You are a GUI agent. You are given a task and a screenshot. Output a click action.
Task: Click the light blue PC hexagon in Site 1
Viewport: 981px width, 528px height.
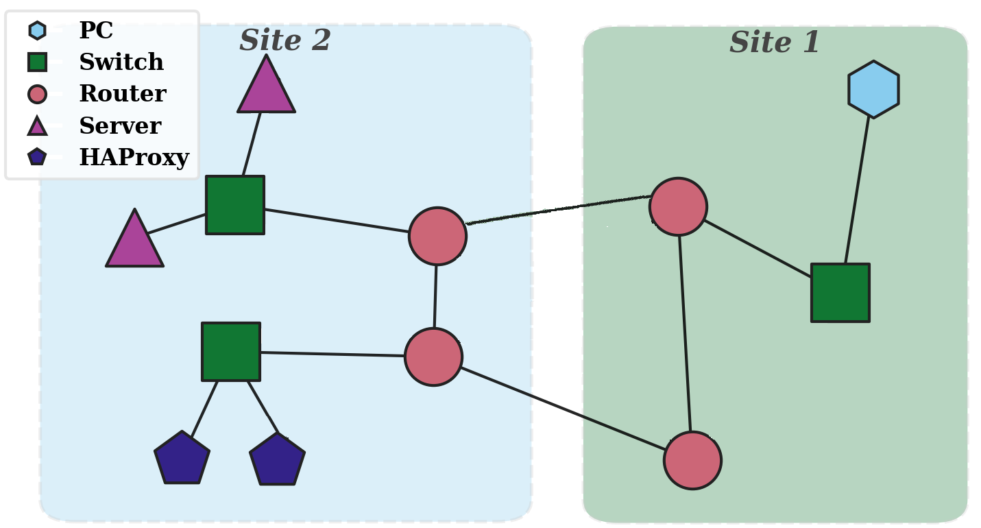[873, 89]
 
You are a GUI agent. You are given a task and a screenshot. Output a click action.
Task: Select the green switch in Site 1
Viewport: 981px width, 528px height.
[840, 293]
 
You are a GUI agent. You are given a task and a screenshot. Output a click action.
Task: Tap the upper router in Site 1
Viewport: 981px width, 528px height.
[679, 206]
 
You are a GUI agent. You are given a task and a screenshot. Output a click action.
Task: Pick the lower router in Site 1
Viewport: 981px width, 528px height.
[692, 461]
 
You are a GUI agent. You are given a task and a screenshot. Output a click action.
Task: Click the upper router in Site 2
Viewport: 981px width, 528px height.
[437, 236]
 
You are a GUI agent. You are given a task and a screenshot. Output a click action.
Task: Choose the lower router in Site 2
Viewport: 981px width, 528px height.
[433, 357]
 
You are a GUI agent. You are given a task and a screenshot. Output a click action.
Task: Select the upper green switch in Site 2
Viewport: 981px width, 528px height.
[235, 205]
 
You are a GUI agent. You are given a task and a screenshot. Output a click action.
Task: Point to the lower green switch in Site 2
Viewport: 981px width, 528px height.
[231, 352]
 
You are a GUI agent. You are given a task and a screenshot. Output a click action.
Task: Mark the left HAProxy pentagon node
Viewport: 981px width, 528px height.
[182, 458]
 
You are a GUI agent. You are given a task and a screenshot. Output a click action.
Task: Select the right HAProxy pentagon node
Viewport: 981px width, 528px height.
[277, 459]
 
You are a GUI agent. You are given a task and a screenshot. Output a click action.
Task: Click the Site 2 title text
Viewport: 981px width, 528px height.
[285, 40]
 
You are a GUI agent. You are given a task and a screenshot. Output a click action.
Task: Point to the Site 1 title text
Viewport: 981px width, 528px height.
[775, 42]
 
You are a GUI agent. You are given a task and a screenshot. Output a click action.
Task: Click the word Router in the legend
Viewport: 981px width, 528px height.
[123, 93]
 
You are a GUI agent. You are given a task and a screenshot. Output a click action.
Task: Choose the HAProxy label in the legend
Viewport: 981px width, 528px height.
[134, 157]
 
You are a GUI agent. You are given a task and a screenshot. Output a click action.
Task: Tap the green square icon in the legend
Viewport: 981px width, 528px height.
[37, 62]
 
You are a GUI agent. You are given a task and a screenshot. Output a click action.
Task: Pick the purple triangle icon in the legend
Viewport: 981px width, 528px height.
[37, 125]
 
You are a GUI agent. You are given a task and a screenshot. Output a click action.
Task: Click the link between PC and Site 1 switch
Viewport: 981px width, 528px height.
[857, 191]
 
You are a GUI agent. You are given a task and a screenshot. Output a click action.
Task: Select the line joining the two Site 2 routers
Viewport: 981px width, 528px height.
[435, 297]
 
